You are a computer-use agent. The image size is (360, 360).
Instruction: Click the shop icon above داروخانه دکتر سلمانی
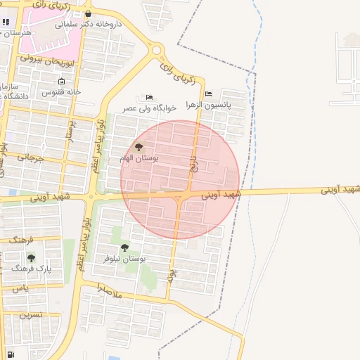87,13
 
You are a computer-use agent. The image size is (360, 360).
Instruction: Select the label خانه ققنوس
61,91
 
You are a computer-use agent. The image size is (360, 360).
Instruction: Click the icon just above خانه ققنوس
61,82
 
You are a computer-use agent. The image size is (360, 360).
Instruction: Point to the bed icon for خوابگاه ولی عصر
148,97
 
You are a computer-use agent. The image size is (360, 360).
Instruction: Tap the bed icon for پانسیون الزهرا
207,94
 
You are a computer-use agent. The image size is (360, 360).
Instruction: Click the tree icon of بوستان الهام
138,147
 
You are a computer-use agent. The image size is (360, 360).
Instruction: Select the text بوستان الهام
139,158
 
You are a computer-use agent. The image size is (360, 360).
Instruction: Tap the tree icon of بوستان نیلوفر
124,247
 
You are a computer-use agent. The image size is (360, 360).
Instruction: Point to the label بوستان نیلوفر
124,259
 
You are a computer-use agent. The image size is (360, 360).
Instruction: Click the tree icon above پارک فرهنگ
31,257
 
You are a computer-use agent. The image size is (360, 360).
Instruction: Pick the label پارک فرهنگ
32,269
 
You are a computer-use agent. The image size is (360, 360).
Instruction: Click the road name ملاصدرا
109,290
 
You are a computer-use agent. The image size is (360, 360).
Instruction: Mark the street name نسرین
32,315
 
